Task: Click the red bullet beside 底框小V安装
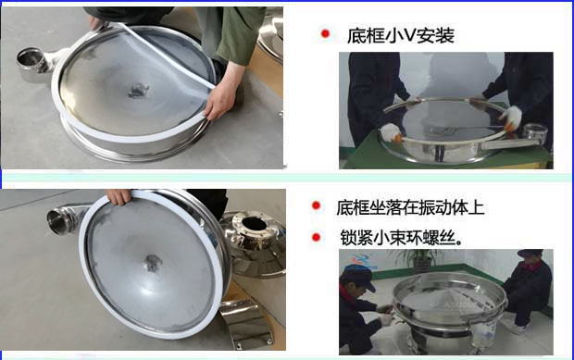tap(325, 34)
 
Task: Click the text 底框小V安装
tap(402, 35)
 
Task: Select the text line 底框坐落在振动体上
tap(409, 207)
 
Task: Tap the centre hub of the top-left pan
tap(139, 91)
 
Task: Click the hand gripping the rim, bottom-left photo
tap(118, 196)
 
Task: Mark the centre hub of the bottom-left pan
tap(151, 264)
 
